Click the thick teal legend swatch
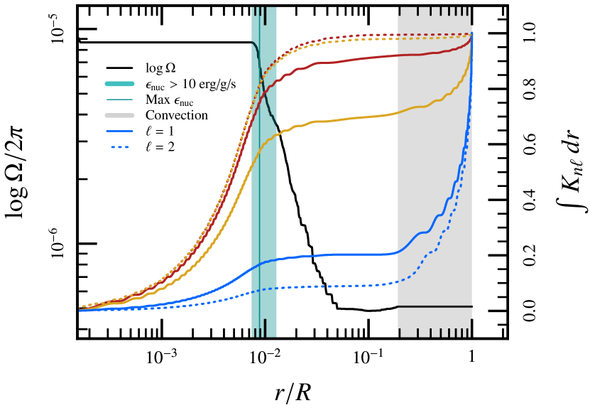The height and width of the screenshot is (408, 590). [119, 84]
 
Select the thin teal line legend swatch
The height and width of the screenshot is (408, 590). [119, 100]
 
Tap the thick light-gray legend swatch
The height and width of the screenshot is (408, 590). [119, 115]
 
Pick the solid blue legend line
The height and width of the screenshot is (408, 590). [119, 131]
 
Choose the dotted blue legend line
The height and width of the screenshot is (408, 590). [119, 147]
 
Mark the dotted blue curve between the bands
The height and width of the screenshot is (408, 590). [334, 286]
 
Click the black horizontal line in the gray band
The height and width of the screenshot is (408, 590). [434, 306]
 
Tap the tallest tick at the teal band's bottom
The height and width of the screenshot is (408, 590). [265, 327]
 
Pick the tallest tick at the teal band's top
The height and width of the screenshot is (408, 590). [265, 16]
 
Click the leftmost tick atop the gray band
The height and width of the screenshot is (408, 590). [399, 11]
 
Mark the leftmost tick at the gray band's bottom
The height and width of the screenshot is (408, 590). [399, 333]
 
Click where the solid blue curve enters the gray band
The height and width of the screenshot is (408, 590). [398, 252]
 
